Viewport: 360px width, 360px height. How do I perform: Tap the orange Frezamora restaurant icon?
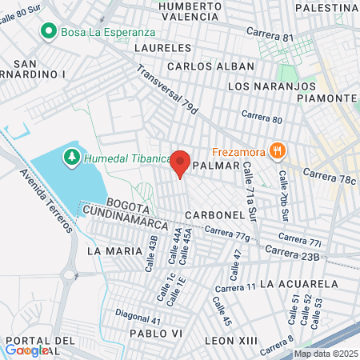[278, 150]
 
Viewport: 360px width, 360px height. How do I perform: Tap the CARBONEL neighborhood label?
[213, 216]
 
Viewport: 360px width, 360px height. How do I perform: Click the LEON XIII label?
[231, 340]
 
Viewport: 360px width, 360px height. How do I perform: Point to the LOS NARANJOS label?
[272, 86]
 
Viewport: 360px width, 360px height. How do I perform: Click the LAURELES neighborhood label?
[160, 48]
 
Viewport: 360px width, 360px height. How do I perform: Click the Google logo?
[26, 350]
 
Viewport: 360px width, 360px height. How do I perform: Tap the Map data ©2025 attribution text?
[325, 354]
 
